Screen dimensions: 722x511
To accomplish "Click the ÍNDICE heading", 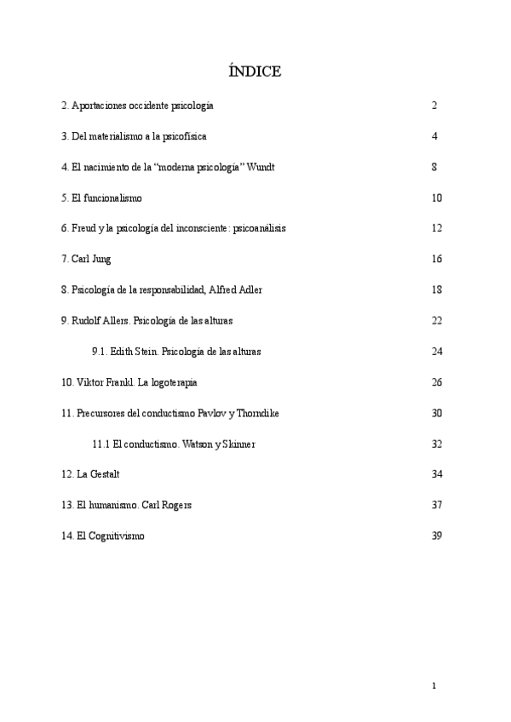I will (255, 72).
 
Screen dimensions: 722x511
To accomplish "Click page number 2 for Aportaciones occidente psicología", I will (434, 106).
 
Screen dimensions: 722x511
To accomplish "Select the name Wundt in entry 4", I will (261, 167).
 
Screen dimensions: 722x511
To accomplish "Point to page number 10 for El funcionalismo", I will (437, 198).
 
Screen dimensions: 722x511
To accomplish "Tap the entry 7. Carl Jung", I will (86, 259).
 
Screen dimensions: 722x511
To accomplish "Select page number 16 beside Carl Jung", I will (437, 259).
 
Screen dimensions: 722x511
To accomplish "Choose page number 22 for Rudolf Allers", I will (437, 320).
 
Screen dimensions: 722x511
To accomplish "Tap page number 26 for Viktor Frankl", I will (437, 381).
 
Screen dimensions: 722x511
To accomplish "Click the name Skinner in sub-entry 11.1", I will (238, 444).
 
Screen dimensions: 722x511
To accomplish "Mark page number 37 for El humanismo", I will (437, 505).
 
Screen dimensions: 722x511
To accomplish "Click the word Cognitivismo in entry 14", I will (117, 536).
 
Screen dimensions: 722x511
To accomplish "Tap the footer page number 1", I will (434, 685).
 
